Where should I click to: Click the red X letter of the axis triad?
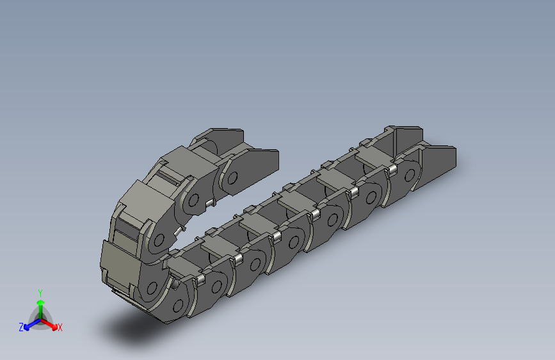tap(60, 328)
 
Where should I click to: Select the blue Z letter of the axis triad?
tap(21, 327)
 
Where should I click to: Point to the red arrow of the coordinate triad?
tap(51, 323)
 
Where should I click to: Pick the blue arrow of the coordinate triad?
tap(29, 324)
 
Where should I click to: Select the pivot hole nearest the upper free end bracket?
tap(232, 177)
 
